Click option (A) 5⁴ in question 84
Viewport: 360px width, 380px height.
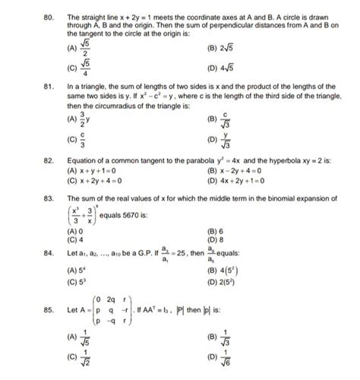[74, 270]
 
